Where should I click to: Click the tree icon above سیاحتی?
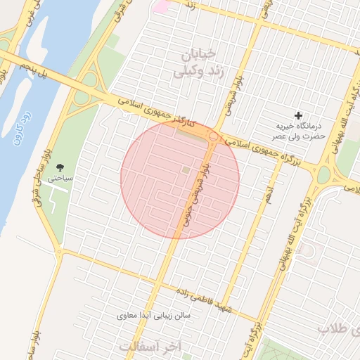coord(60,167)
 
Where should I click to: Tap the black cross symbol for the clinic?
coord(299,115)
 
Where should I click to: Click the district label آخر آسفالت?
coord(150,347)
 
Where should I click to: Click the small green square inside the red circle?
coord(186,169)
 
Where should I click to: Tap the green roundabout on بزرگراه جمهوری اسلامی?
coord(323,175)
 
